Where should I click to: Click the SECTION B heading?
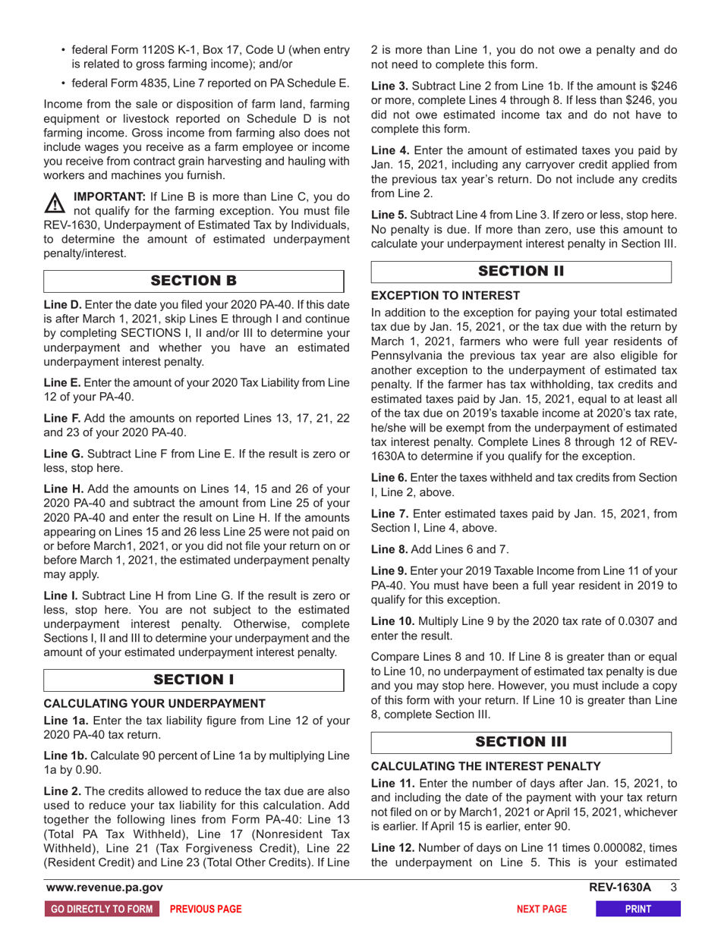195,279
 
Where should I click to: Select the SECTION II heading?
521,272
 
